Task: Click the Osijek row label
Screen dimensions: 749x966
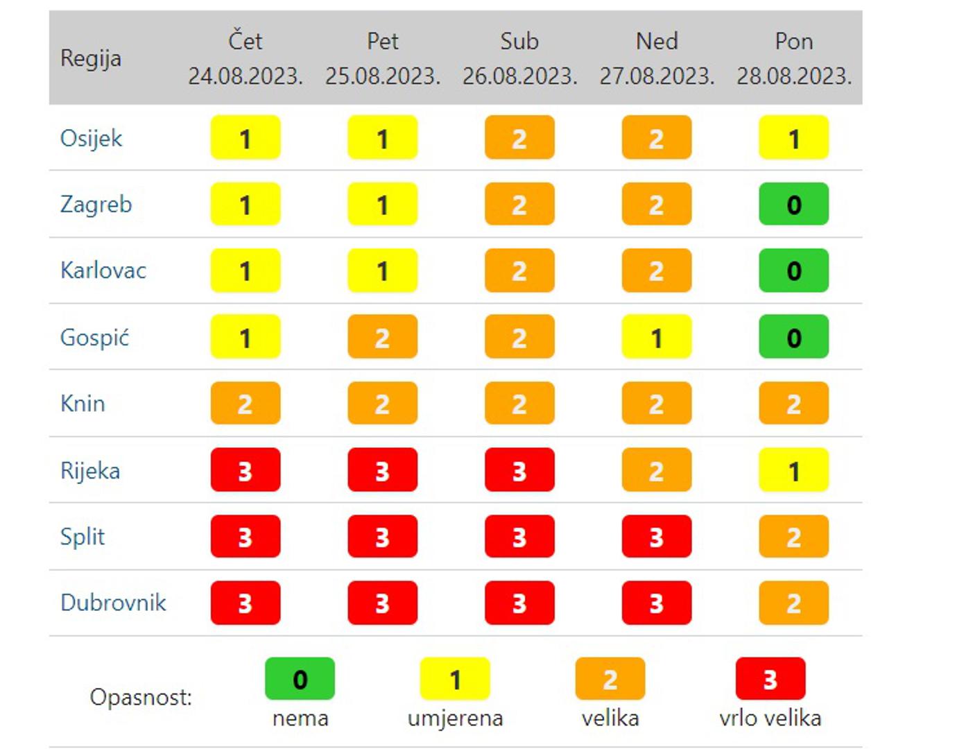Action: coord(91,139)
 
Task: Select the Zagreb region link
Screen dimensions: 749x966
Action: coord(96,205)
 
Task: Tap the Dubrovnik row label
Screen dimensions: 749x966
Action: coord(113,603)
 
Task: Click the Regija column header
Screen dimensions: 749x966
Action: coord(91,58)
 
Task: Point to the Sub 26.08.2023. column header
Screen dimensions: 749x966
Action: coord(519,58)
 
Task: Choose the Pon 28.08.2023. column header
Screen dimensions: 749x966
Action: coord(794,58)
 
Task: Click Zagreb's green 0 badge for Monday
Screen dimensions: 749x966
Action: coord(794,205)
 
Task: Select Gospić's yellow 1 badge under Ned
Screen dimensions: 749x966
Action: coord(657,338)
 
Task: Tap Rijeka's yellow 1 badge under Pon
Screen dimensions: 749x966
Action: coord(794,471)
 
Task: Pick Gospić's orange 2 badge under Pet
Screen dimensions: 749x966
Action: coord(382,338)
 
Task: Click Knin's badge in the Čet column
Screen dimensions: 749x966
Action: coord(245,404)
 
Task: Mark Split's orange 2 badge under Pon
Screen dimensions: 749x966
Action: coord(794,537)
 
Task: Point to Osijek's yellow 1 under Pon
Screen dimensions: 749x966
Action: coord(794,139)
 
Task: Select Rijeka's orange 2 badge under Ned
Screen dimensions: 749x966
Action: coord(657,471)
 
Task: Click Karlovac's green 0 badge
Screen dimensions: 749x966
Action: coord(794,270)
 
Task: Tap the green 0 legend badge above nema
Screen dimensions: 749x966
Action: coord(300,679)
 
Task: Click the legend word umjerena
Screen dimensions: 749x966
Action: coord(455,718)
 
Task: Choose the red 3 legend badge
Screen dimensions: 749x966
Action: coord(770,679)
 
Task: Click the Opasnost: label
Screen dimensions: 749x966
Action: coord(141,697)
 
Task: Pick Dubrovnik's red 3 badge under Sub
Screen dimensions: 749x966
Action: coord(519,603)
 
